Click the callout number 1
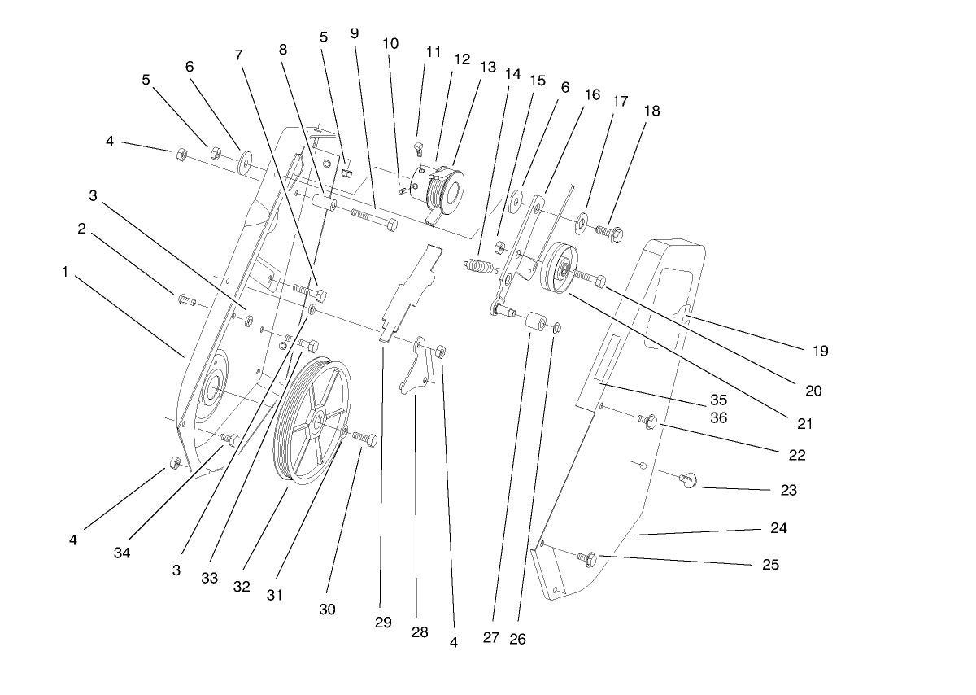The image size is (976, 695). tap(65, 272)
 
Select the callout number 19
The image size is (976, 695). tap(820, 351)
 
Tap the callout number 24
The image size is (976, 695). tap(778, 527)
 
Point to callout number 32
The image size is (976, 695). tap(242, 586)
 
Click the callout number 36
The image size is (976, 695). tap(717, 417)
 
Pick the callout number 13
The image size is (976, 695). tap(487, 67)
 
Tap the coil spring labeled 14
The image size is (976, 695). tap(481, 266)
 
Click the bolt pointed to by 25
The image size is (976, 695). tap(586, 559)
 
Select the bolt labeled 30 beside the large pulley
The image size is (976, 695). tap(364, 440)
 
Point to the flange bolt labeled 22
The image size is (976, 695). tap(647, 420)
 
